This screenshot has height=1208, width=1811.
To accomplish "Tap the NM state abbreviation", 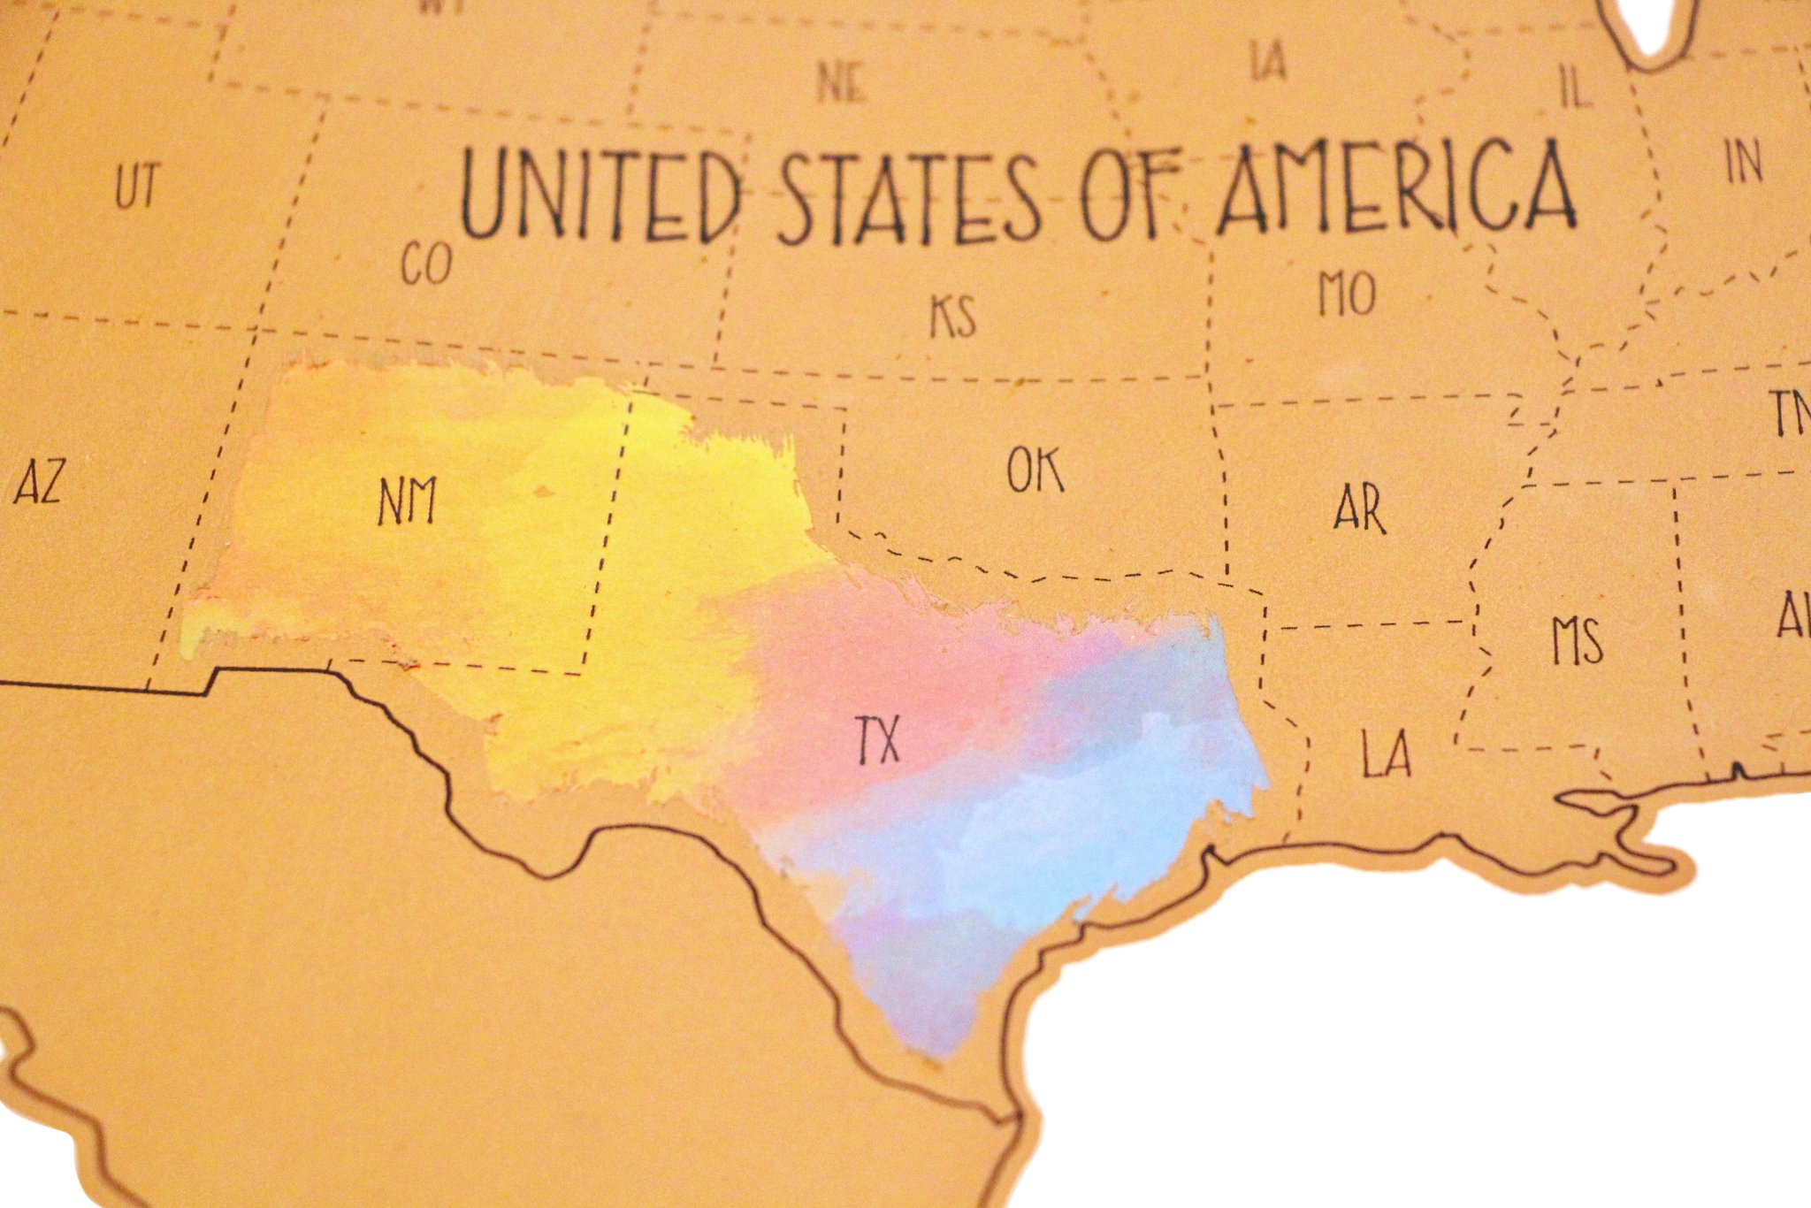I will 408,501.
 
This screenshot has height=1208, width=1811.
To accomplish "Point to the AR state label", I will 1360,508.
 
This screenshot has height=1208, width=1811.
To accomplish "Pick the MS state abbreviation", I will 1578,641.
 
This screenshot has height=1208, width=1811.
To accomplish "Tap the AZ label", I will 38,484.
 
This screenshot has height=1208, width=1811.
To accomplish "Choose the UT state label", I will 137,187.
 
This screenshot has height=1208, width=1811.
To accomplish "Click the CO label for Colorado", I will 426,263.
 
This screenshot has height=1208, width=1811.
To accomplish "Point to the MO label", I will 1347,294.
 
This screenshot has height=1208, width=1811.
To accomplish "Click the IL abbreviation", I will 1575,88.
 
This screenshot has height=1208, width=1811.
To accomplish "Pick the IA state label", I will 1268,62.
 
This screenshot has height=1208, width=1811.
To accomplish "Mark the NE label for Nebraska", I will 841,83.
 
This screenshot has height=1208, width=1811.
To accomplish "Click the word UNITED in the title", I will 601,196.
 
